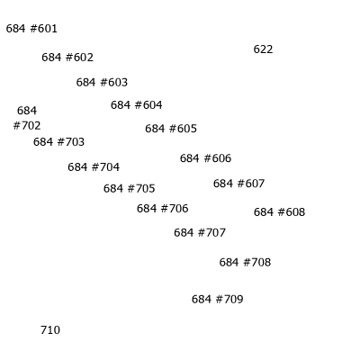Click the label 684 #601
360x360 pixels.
pos(31,29)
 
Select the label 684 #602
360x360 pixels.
pos(67,58)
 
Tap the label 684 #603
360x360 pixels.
pos(102,82)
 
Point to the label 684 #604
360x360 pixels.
pos(137,105)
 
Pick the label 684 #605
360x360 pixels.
pos(171,129)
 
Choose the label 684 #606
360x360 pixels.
pos(205,158)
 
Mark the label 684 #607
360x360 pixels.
pos(238,184)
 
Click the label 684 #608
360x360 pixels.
pos(279,212)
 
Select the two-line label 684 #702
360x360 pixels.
pos(27,118)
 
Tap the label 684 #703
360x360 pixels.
pos(58,142)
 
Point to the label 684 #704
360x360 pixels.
pos(94,167)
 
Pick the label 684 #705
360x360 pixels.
pos(130,189)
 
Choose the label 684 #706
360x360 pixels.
pos(163,209)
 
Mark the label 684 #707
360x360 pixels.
pos(200,232)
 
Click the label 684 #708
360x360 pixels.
pos(245,262)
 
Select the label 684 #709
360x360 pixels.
pos(218,299)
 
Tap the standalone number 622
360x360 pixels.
pos(263,49)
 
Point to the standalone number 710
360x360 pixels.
pos(50,330)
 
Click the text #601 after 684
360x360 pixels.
pos(44,29)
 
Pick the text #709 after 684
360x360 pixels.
pos(229,299)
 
